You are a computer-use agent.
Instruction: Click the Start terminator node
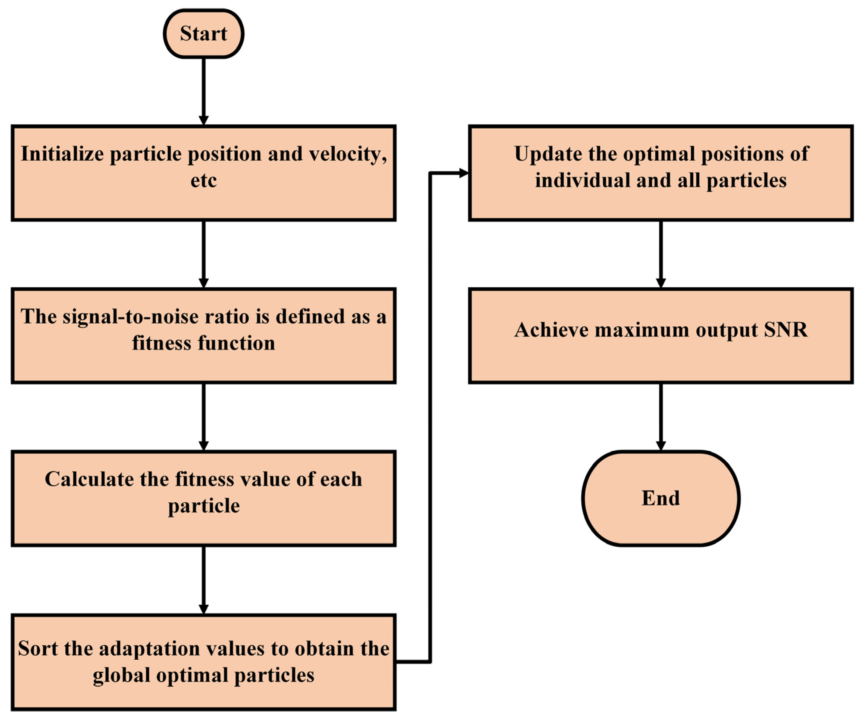[204, 34]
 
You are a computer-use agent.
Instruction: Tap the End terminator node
[661, 498]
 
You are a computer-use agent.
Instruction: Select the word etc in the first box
[204, 181]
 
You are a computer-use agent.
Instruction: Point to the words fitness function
[204, 343]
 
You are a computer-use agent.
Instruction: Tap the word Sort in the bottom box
[37, 649]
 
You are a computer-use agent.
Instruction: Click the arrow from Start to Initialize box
[204, 90]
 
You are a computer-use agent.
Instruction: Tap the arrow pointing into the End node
[661, 417]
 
